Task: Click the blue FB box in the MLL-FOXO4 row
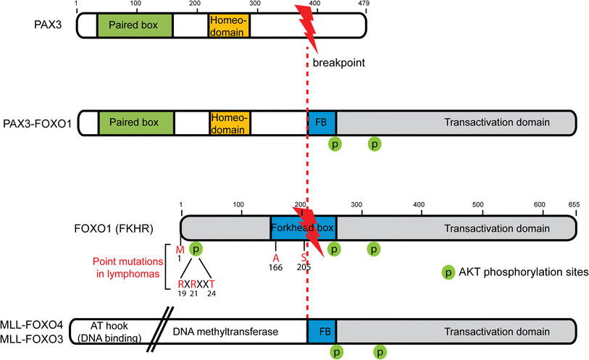[x=322, y=330]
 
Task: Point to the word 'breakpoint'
[x=338, y=63]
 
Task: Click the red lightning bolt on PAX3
[x=306, y=25]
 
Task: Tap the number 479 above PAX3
[x=363, y=4]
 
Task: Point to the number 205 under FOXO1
[x=304, y=267]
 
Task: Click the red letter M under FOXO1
[x=180, y=250]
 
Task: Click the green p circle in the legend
[x=449, y=273]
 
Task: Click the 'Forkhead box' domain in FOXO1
[x=303, y=227]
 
